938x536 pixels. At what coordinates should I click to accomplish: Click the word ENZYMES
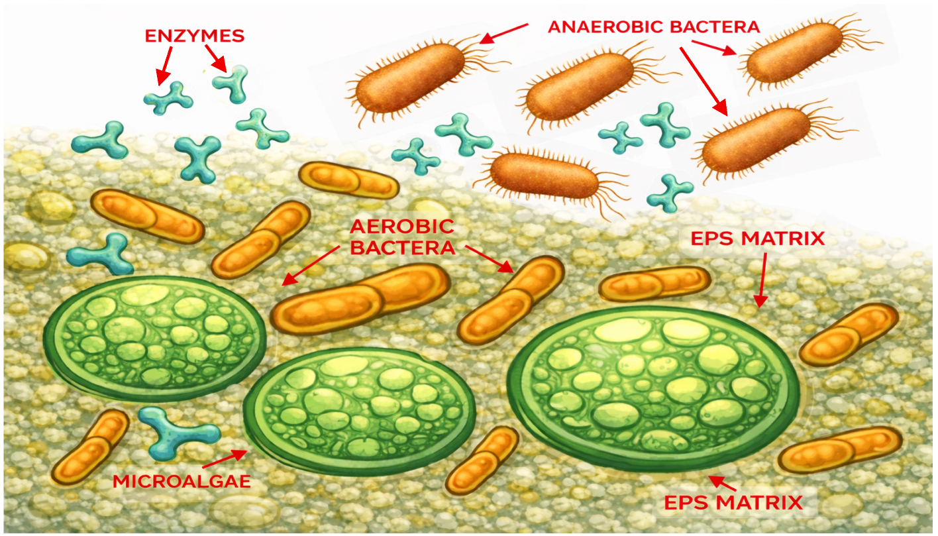194,35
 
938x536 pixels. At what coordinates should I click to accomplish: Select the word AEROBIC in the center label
402,227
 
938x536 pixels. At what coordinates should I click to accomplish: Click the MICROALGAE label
182,481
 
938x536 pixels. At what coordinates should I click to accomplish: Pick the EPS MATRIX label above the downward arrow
758,239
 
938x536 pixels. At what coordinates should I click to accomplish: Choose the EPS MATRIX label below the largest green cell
733,502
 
